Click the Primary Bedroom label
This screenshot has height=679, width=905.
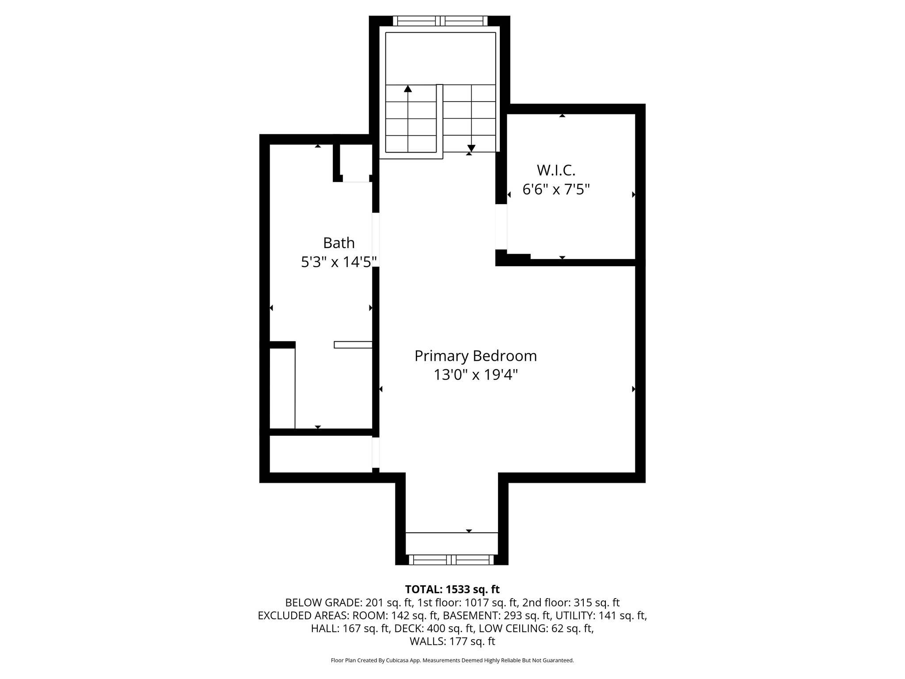click(x=475, y=356)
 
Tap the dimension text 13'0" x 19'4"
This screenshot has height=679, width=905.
click(x=475, y=375)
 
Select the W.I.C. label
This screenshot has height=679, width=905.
click(x=556, y=170)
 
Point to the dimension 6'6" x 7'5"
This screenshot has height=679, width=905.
click(x=556, y=190)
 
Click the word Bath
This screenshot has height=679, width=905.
click(x=338, y=243)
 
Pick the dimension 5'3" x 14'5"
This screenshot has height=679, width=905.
click(x=338, y=262)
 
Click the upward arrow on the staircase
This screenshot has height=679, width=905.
click(x=408, y=89)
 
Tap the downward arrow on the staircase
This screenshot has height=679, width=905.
click(x=471, y=148)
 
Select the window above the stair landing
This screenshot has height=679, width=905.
click(x=440, y=21)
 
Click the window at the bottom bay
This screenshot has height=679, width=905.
click(x=451, y=560)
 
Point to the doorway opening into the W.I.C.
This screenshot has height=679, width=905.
click(x=501, y=226)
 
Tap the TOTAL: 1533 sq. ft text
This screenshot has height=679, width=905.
click(x=452, y=589)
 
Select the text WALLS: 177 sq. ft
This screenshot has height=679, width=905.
click(x=452, y=641)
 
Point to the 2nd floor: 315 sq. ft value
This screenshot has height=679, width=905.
click(x=571, y=603)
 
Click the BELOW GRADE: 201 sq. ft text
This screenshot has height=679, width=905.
click(x=349, y=603)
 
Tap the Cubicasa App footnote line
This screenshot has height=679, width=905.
click(x=452, y=660)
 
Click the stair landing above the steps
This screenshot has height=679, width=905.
click(x=440, y=57)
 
